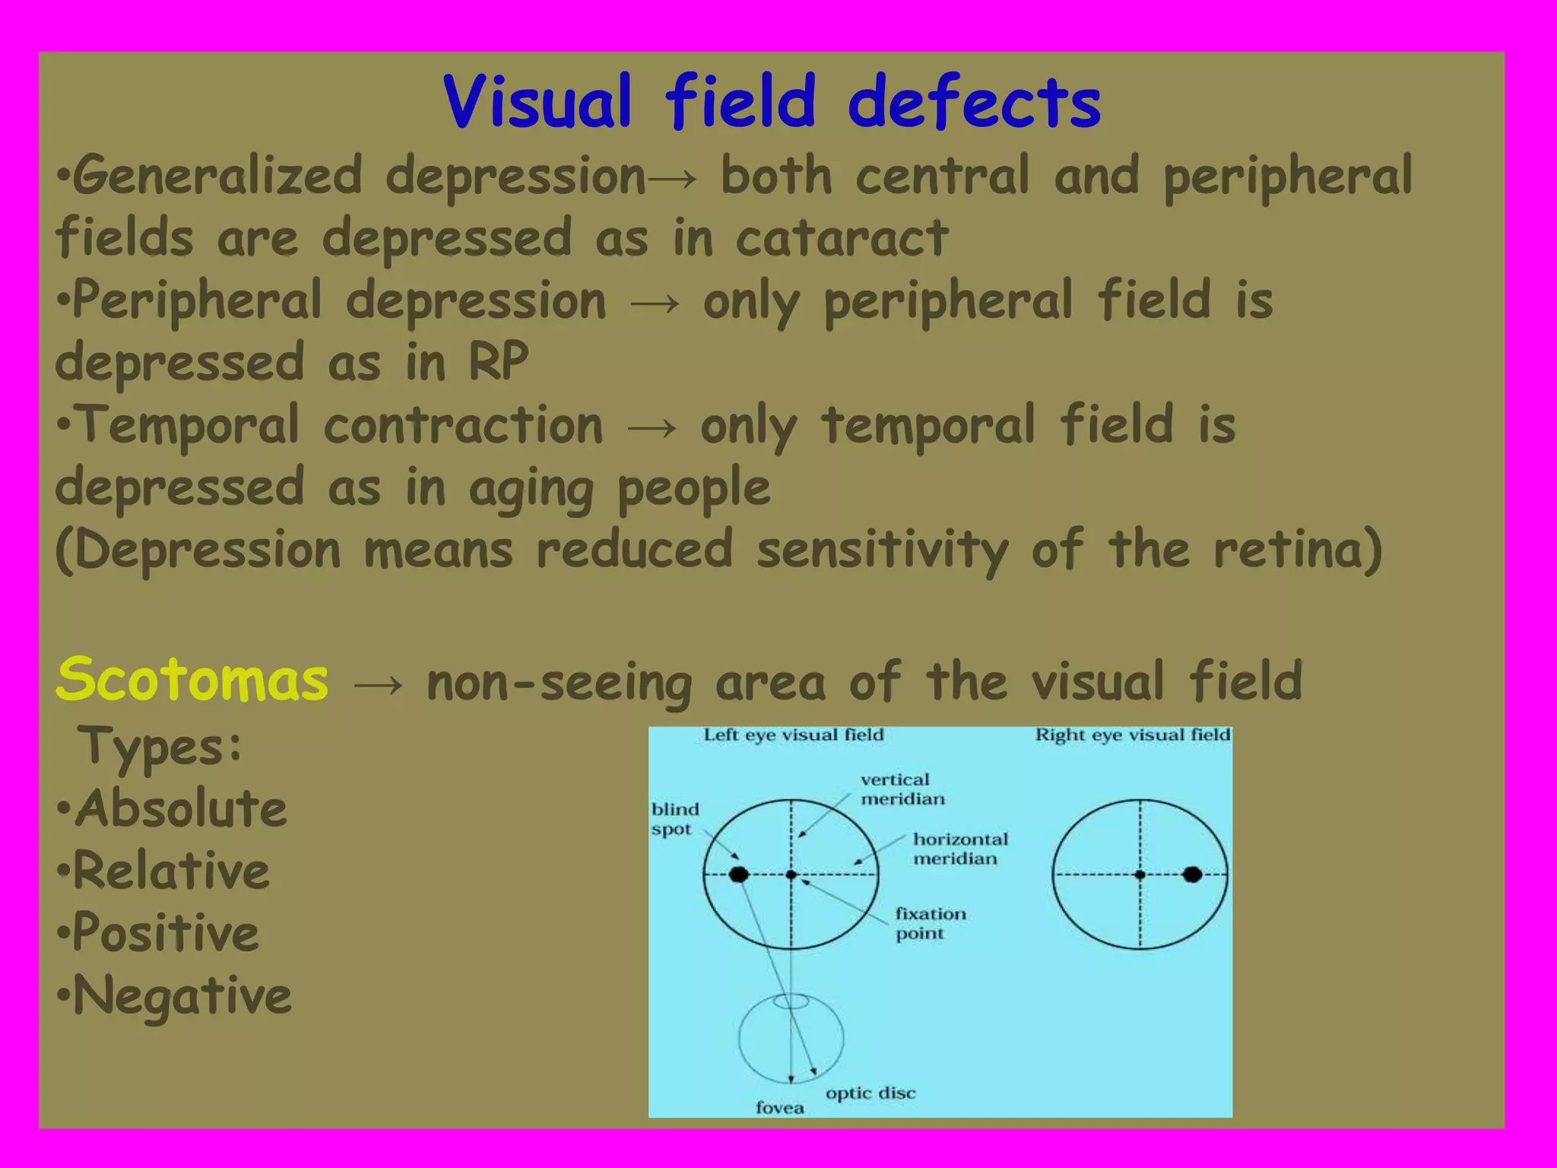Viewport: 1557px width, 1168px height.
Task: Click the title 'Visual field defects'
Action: tap(772, 103)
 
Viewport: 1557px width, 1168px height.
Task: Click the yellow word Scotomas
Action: tap(192, 679)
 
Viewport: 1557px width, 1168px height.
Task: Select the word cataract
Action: tap(842, 238)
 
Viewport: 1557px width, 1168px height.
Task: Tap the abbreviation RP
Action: tap(498, 361)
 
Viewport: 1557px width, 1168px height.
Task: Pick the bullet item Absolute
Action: tap(181, 808)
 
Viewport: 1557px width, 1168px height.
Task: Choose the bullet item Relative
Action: tap(172, 871)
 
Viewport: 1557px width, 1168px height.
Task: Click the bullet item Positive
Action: tap(166, 933)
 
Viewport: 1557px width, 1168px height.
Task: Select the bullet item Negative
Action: tap(182, 995)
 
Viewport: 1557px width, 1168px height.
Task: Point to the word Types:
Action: tap(160, 746)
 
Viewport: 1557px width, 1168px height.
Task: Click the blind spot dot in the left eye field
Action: tap(738, 874)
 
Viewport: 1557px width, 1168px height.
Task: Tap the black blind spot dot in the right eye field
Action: tap(1192, 874)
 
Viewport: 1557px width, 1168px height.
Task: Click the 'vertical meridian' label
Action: tap(902, 789)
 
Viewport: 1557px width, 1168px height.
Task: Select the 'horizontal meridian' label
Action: tap(959, 849)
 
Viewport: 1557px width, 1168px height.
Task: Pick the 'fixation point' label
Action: tap(930, 923)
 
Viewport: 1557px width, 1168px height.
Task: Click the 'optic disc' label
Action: tap(870, 1093)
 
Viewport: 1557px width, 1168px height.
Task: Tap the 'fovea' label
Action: tap(779, 1108)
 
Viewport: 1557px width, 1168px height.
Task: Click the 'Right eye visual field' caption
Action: tap(1132, 735)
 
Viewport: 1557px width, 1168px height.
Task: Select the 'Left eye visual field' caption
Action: tap(793, 735)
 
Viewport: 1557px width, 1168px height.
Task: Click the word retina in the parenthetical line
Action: tap(1289, 549)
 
